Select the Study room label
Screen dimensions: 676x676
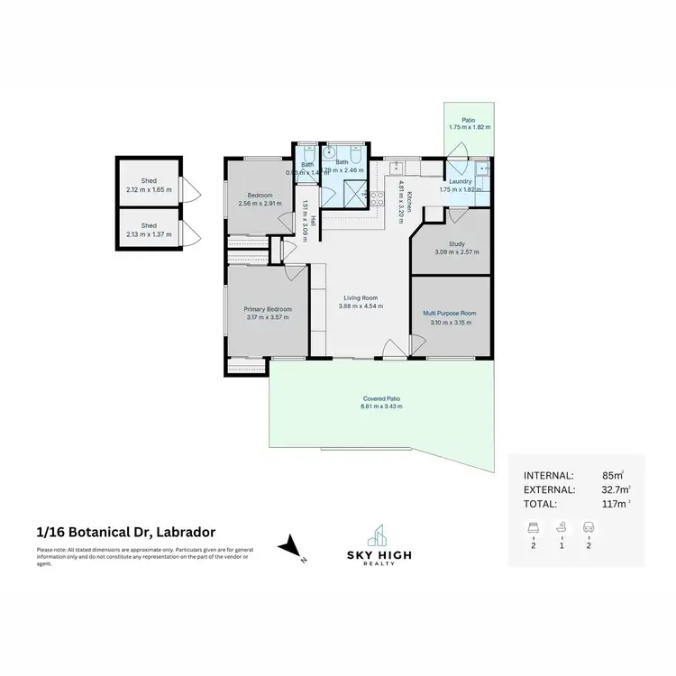[x=456, y=242]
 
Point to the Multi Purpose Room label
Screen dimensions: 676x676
[x=450, y=313]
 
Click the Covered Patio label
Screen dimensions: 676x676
[x=381, y=397]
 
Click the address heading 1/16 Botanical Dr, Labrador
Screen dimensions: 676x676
[x=124, y=532]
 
